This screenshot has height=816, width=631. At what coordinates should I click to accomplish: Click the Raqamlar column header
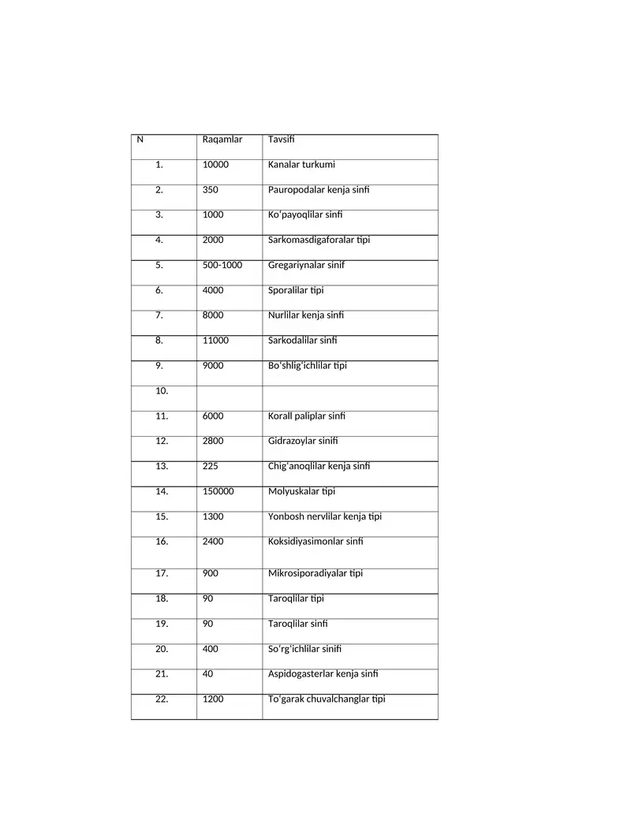point(222,140)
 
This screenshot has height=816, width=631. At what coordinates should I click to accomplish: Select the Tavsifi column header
point(281,140)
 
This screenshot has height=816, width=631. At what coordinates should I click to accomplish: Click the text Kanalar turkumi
point(301,166)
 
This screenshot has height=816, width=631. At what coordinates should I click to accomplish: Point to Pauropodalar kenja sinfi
point(319,190)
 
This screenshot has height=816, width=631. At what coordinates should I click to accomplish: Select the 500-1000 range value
point(222,266)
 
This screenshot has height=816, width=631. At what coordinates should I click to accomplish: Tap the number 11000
point(215,341)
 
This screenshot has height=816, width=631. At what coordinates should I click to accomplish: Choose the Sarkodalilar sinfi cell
point(302,341)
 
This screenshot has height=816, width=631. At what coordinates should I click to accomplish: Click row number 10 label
point(162,391)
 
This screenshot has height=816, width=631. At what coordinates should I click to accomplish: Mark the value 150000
point(218,492)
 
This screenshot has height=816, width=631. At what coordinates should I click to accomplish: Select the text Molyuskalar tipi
point(301,492)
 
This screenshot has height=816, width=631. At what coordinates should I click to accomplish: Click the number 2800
point(213,442)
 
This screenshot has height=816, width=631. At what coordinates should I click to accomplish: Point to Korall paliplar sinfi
point(307,416)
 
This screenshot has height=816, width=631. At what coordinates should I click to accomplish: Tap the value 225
point(211,467)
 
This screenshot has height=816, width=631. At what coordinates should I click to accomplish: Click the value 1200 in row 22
point(213,699)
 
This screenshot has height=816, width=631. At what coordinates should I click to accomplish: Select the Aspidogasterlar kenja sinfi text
point(323,674)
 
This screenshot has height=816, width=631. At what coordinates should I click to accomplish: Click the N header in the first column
point(140,140)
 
